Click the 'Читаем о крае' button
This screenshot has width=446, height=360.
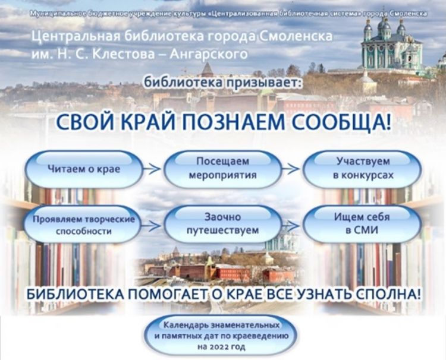83,169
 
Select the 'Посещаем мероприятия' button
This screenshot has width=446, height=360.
223,169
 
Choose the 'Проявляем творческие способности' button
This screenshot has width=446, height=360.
83,225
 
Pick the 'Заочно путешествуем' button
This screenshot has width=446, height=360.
223,224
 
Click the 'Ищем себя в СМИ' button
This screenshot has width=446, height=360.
362,224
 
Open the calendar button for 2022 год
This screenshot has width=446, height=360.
221,336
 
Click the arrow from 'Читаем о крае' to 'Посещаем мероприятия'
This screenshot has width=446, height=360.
152,169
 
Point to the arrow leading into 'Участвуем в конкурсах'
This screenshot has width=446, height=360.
291,169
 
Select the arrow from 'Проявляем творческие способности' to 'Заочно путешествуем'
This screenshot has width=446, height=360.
152,226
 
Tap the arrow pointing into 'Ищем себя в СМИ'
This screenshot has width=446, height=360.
291,225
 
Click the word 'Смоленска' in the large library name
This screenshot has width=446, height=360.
296,37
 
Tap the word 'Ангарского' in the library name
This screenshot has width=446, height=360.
209,54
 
